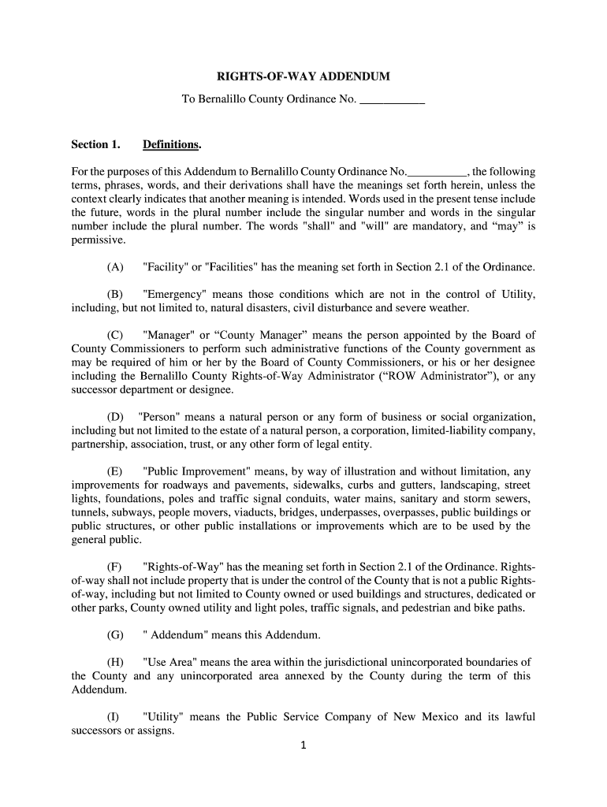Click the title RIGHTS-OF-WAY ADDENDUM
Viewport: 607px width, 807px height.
pyautogui.click(x=303, y=77)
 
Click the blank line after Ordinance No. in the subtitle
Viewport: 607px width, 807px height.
pyautogui.click(x=392, y=100)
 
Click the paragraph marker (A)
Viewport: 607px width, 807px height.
pyautogui.click(x=115, y=267)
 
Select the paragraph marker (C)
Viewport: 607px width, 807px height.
pyautogui.click(x=115, y=335)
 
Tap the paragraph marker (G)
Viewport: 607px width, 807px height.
pyautogui.click(x=115, y=634)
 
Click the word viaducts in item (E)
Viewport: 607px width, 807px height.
pyautogui.click(x=244, y=512)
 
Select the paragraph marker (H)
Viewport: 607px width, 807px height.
pyautogui.click(x=115, y=662)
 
